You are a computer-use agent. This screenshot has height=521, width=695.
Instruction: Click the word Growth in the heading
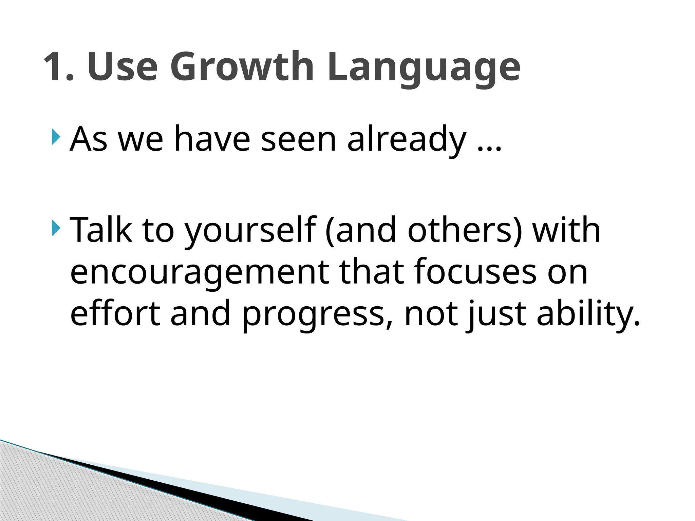pyautogui.click(x=242, y=66)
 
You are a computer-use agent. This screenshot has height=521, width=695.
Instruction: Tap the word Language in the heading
pyautogui.click(x=423, y=68)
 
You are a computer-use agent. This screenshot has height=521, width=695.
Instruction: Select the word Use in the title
pyautogui.click(x=123, y=66)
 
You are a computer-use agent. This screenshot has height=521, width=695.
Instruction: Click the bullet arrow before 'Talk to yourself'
pyautogui.click(x=56, y=229)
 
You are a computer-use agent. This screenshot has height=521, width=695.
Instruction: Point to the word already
pyautogui.click(x=407, y=140)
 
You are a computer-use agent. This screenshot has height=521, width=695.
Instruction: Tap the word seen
pyautogui.click(x=298, y=140)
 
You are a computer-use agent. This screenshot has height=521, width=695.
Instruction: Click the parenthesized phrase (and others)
pyautogui.click(x=424, y=231)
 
